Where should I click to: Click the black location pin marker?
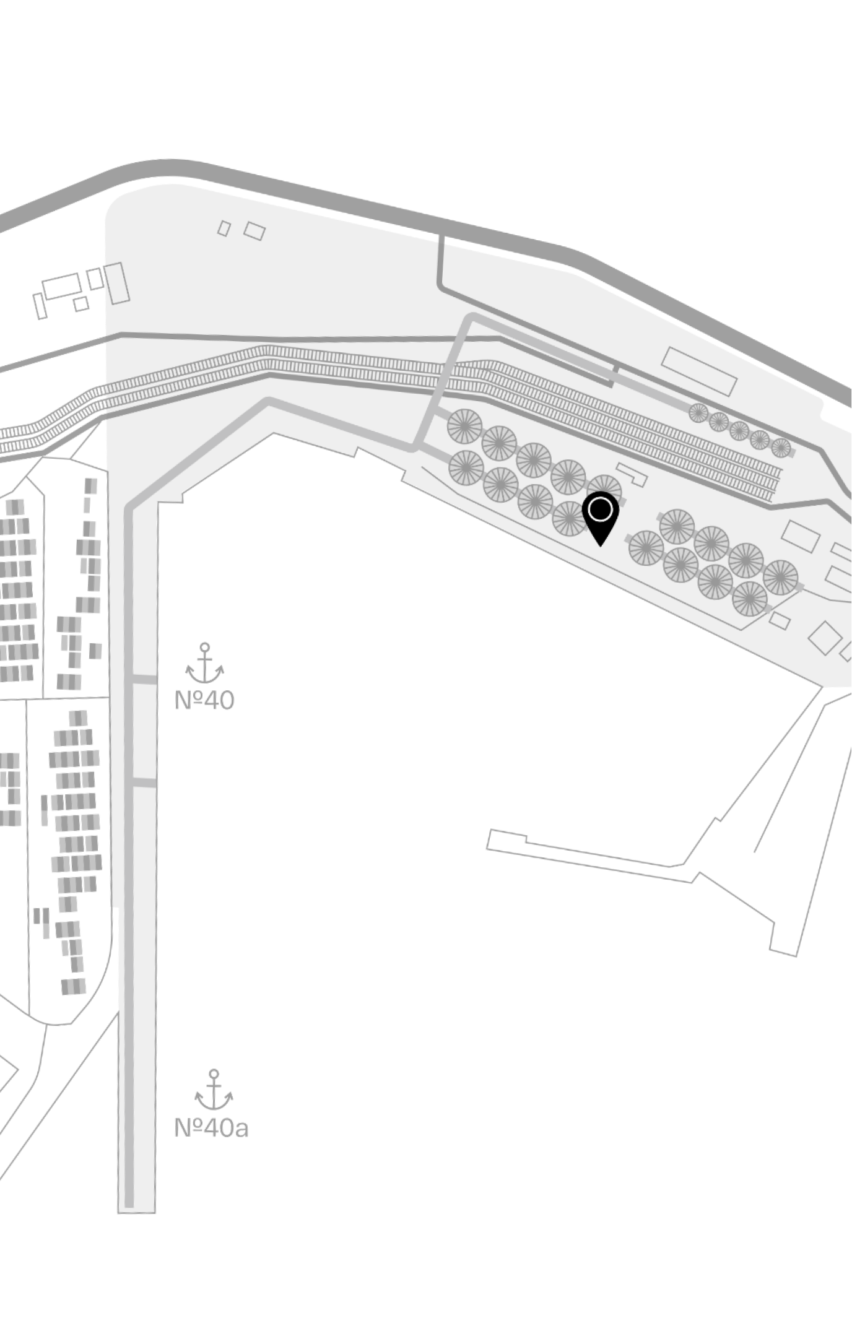tap(600, 517)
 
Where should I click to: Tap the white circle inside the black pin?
tap(600, 510)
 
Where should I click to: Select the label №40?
tap(204, 700)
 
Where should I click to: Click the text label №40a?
tap(211, 1128)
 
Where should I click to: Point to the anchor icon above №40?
tap(204, 663)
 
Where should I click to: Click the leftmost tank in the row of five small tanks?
tap(698, 413)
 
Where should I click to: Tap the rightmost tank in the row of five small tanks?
tap(781, 448)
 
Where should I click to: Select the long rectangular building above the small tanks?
tap(700, 371)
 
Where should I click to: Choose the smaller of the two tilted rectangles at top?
tap(224, 228)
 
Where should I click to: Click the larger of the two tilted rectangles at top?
tap(254, 231)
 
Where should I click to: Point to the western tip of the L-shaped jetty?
tap(489, 840)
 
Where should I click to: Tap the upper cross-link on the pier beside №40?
tap(144, 680)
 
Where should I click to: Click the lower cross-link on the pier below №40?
tap(144, 783)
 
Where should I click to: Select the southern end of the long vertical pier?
tap(136, 1210)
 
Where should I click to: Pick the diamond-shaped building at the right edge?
tap(825, 638)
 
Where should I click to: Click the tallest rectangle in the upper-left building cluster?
tap(116, 284)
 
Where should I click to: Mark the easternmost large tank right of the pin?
tap(781, 577)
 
